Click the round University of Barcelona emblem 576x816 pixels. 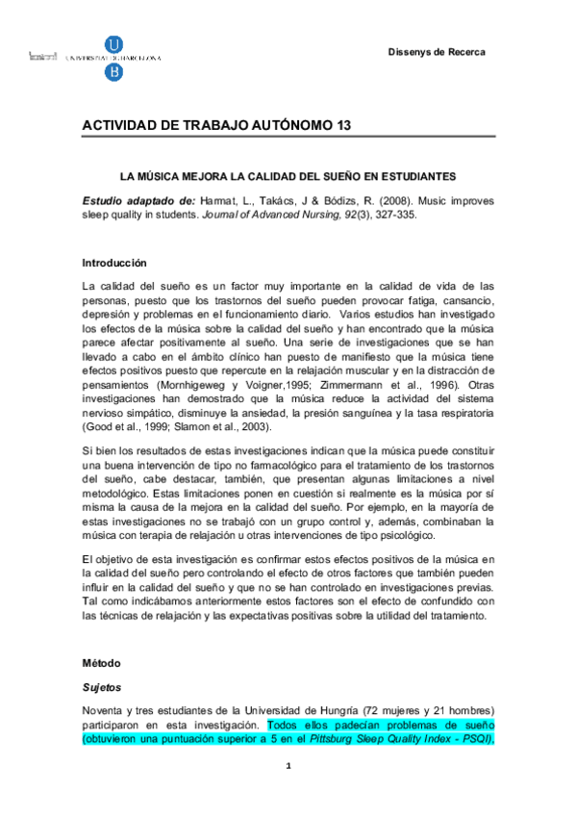[x=114, y=45]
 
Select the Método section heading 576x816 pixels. [x=103, y=664]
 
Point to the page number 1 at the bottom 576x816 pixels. [x=288, y=791]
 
